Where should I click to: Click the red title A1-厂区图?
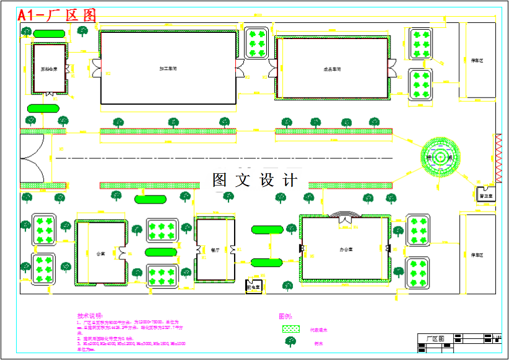click(x=57, y=16)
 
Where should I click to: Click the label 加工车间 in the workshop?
click(x=168, y=68)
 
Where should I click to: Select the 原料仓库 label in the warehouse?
click(x=49, y=69)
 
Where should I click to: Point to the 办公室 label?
click(x=346, y=250)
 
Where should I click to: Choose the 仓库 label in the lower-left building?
click(x=101, y=253)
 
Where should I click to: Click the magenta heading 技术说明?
click(x=89, y=316)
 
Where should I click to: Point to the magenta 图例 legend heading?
click(x=285, y=316)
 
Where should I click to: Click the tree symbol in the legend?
click(x=290, y=342)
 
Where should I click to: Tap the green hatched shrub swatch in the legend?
click(x=291, y=329)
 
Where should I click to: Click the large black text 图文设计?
click(x=254, y=180)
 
